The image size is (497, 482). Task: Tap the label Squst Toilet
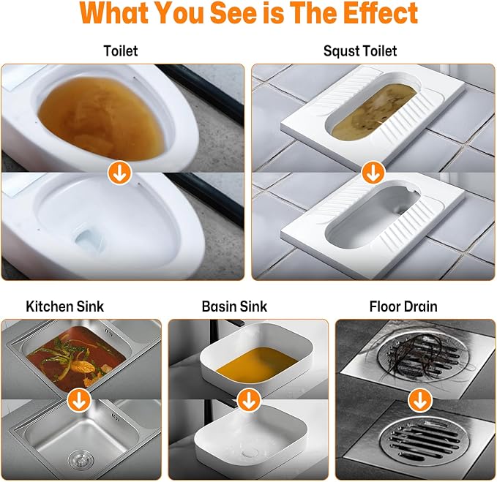pos(360,51)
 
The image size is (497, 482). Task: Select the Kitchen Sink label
pos(65,306)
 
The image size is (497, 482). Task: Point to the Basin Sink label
pos(234,306)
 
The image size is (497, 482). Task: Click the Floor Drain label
pos(403,306)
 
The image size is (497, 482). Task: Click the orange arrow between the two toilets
pos(119,173)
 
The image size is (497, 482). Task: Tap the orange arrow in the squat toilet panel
pos(373,173)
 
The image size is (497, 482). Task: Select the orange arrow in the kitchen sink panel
pos(79,400)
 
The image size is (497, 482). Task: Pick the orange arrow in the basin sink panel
pos(249,400)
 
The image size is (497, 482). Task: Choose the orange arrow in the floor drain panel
pos(420,400)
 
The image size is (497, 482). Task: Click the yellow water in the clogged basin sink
pos(257,364)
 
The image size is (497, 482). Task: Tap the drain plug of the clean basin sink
pos(250,453)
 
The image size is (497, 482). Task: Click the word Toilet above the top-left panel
pos(121,51)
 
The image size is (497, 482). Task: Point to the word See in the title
pos(233,13)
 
